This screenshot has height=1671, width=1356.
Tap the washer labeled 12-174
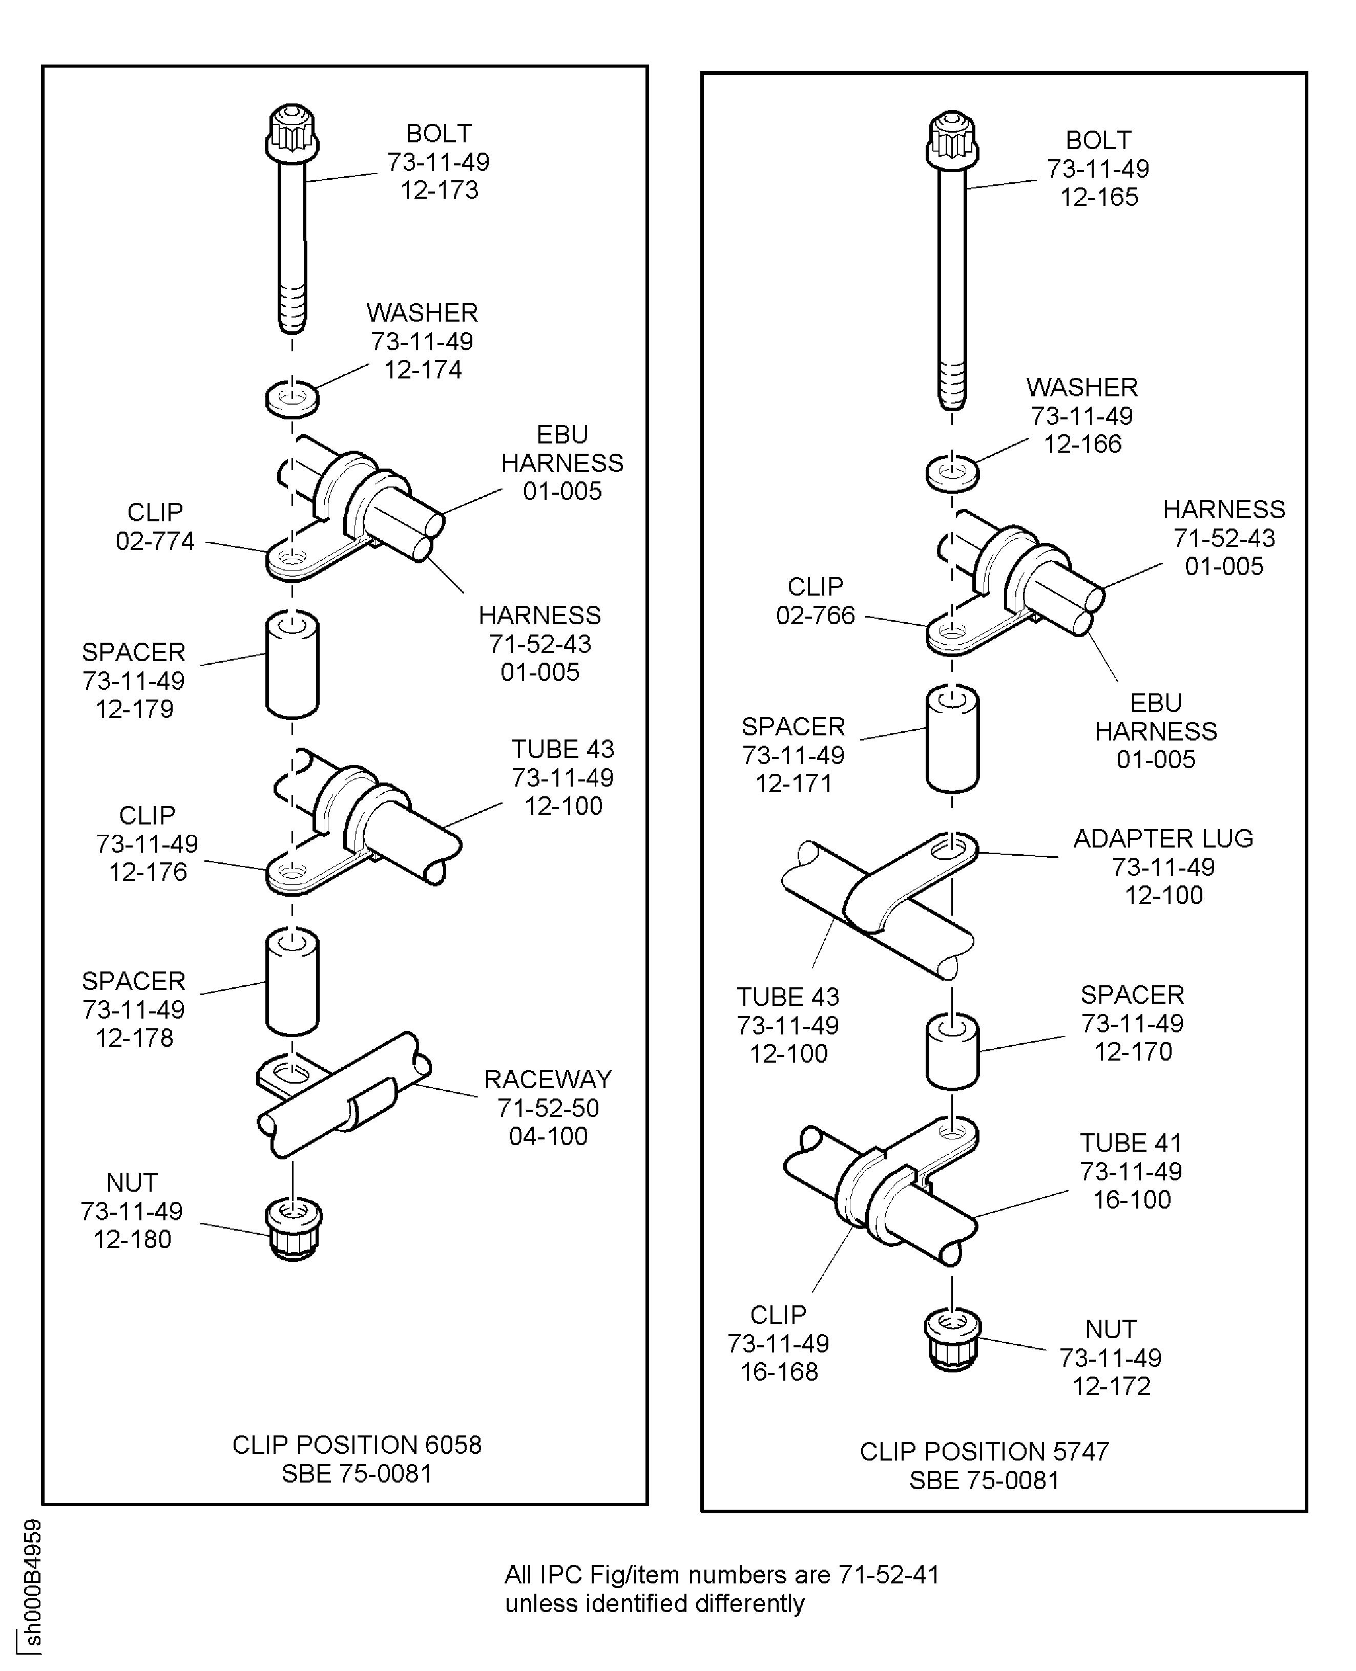click(x=292, y=398)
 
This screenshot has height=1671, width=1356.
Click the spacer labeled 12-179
click(x=292, y=665)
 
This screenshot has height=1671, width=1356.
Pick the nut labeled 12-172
click(x=952, y=1339)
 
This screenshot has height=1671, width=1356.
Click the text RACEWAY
click(x=548, y=1079)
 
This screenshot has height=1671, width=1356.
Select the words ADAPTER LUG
click(x=1163, y=839)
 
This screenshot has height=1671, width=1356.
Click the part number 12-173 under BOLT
click(x=439, y=190)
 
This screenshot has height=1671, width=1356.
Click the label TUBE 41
click(x=1130, y=1143)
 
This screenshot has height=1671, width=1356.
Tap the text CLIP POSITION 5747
click(x=984, y=1451)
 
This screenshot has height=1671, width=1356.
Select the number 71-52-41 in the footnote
click(x=888, y=1574)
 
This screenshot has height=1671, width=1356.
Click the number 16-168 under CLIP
click(x=779, y=1371)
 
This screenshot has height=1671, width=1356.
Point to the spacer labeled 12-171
click(x=952, y=738)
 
